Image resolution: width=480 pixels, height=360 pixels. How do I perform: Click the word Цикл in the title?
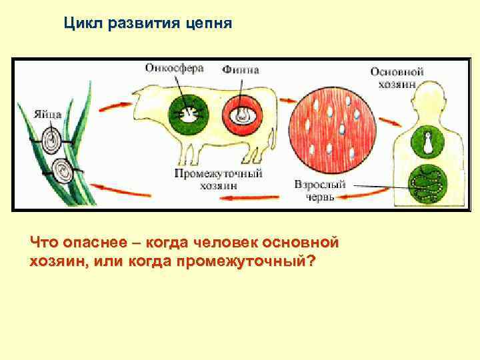81,24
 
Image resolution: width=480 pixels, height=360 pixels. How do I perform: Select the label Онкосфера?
174,68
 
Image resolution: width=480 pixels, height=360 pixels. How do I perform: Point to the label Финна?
241,69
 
